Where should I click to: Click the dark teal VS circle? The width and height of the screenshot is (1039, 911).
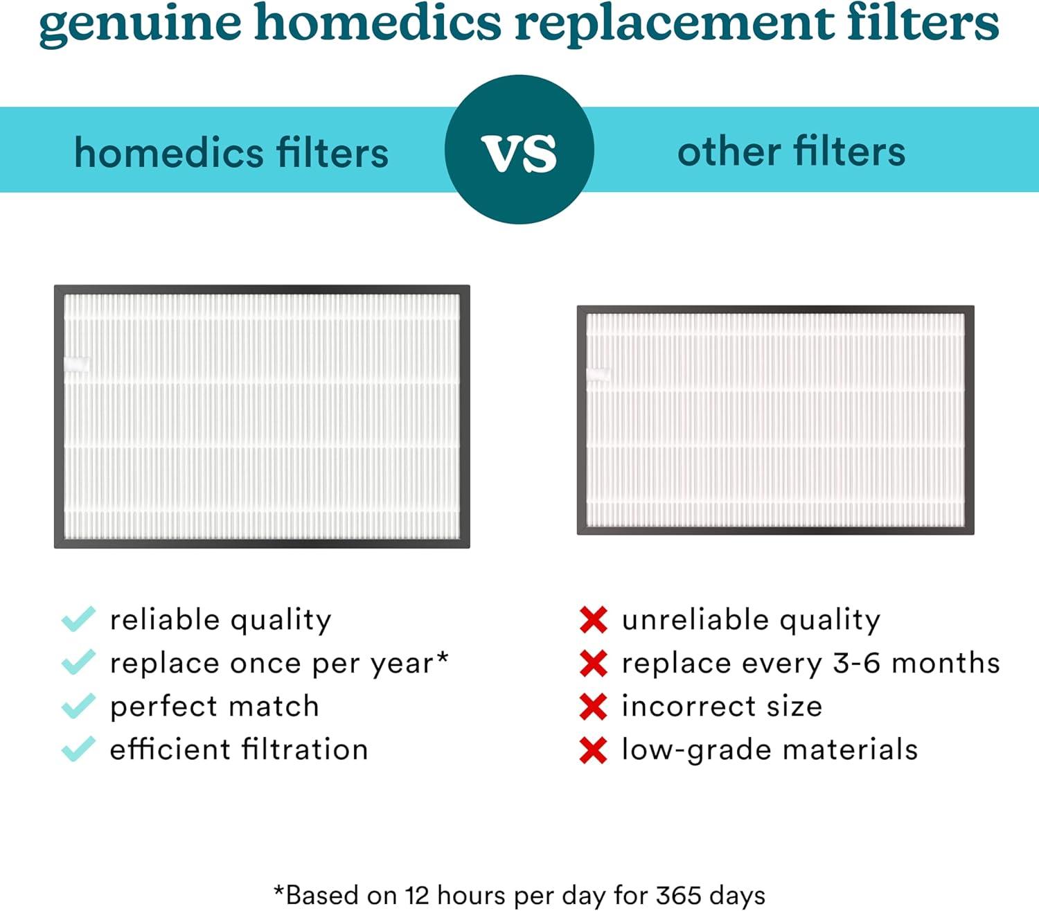pos(519,150)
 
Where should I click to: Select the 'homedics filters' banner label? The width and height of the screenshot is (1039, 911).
pos(231,152)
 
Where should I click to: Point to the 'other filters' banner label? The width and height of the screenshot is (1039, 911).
pos(791,151)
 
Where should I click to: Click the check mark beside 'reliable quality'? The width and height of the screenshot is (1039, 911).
pos(78,619)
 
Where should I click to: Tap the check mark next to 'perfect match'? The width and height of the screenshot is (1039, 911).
pos(78,706)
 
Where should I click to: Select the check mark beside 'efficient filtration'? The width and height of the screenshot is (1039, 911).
pos(78,749)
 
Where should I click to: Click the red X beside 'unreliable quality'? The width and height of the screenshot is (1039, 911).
pos(594,619)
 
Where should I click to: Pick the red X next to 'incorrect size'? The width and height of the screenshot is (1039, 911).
pos(594,707)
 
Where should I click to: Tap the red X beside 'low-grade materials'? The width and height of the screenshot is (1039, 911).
pos(594,750)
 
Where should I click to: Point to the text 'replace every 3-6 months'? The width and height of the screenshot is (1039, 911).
pos(810,664)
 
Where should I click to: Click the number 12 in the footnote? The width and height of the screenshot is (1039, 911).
pos(418,895)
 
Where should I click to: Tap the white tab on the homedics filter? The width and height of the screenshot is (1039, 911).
pos(77,364)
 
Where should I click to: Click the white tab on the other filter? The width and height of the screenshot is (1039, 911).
pos(598,374)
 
